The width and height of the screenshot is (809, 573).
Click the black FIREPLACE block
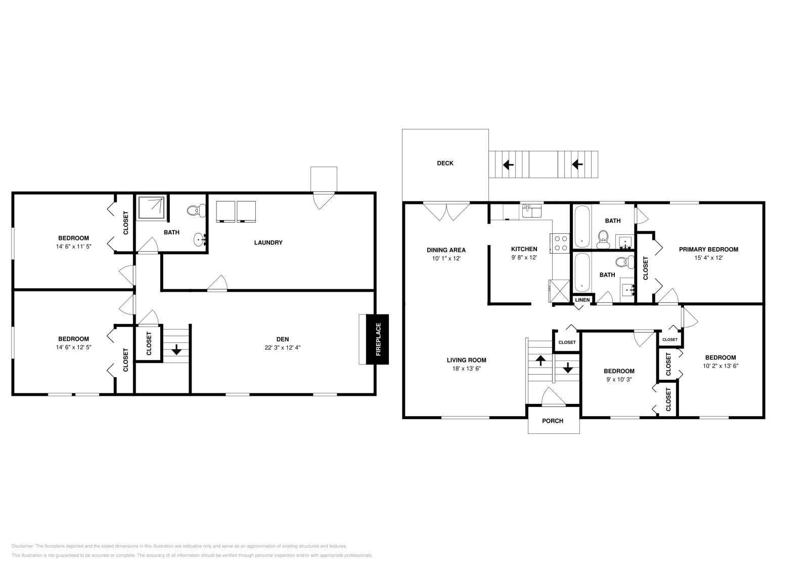tap(377, 340)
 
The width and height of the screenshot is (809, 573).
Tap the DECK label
tap(445, 163)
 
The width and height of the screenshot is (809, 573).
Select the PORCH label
tap(553, 421)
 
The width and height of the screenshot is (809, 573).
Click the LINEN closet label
tap(582, 300)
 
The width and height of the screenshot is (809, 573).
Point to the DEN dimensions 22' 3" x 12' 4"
tap(283, 348)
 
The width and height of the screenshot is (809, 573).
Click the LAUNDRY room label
tap(268, 242)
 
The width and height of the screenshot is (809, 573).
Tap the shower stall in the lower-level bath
tap(152, 208)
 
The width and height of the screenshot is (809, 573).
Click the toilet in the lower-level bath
tap(196, 211)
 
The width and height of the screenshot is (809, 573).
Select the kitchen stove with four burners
tap(560, 243)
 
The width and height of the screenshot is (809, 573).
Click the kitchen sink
tap(531, 211)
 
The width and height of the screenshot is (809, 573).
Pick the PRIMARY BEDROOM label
tap(708, 250)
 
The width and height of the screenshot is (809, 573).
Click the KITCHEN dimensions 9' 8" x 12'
tap(524, 258)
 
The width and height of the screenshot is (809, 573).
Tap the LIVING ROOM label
tap(466, 360)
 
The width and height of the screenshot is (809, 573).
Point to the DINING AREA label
tap(446, 250)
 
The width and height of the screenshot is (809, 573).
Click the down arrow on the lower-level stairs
tap(176, 350)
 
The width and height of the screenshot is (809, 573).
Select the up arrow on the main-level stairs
tap(541, 360)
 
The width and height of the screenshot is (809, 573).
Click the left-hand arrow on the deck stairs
tap(508, 165)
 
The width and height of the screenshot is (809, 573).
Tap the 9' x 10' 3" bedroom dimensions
tap(619, 380)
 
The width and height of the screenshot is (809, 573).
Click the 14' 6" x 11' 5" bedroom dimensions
tap(74, 247)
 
